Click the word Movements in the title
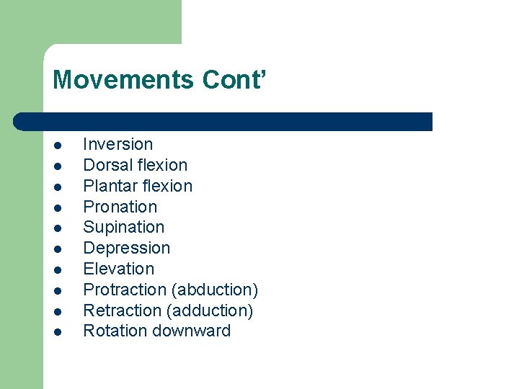click(x=123, y=79)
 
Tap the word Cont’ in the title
click(x=235, y=79)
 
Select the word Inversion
click(x=118, y=144)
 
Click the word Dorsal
click(x=107, y=165)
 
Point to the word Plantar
click(x=109, y=186)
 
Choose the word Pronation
click(x=120, y=207)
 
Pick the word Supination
click(x=124, y=228)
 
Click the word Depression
click(x=127, y=249)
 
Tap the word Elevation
click(x=119, y=269)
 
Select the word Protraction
click(x=125, y=290)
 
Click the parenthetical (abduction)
click(x=215, y=290)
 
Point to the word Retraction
click(x=124, y=310)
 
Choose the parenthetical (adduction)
click(x=211, y=310)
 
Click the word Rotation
click(x=115, y=331)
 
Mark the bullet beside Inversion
click(x=57, y=145)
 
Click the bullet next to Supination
click(x=57, y=228)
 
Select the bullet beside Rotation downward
click(x=57, y=332)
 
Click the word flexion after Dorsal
click(x=161, y=165)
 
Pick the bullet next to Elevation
click(x=57, y=270)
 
